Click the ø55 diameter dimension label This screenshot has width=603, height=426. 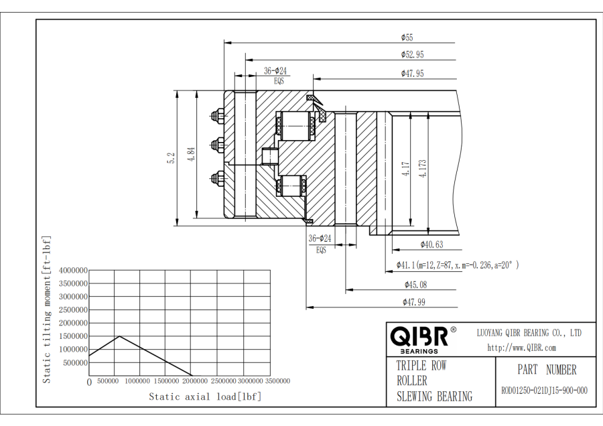[x=407, y=38]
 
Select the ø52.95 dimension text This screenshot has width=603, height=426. [x=412, y=55]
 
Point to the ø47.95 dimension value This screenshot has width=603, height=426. [x=412, y=73]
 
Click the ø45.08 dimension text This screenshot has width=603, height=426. [x=414, y=285]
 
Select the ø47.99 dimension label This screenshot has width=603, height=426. [x=414, y=302]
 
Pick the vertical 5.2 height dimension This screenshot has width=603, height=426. [x=172, y=158]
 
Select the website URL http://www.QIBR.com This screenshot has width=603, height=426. [x=521, y=348]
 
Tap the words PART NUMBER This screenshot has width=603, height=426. [x=546, y=370]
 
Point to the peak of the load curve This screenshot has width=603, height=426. [x=120, y=336]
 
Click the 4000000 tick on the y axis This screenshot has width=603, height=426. [x=73, y=271]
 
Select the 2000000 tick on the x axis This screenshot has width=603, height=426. [x=192, y=381]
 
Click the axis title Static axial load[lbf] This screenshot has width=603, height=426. [x=204, y=397]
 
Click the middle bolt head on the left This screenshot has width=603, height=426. [x=217, y=144]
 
